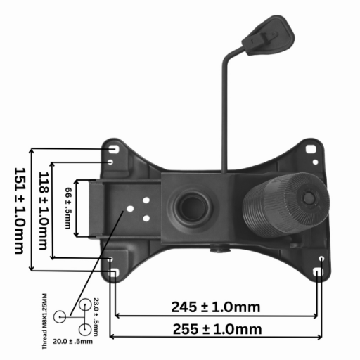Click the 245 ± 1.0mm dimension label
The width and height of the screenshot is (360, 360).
[x=216, y=307]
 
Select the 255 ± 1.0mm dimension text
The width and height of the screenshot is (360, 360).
[x=217, y=329]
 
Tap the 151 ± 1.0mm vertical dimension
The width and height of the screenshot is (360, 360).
[x=20, y=210]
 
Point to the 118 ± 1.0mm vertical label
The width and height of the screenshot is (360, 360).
[x=44, y=210]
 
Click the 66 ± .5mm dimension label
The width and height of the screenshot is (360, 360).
[x=68, y=208]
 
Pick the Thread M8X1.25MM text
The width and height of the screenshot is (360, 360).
[x=44, y=321]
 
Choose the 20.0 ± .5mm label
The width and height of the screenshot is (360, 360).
[x=72, y=341]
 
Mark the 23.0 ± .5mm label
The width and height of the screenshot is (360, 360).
[x=96, y=316]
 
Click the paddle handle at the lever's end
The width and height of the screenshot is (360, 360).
[x=269, y=35]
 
